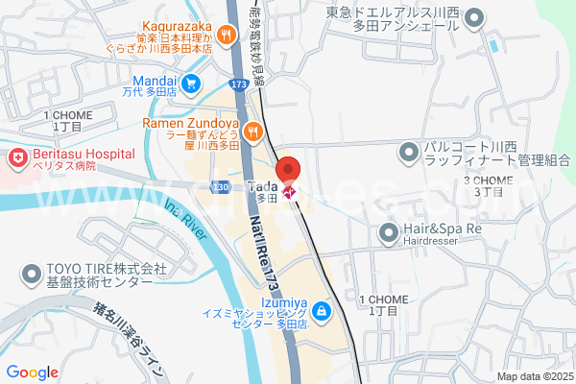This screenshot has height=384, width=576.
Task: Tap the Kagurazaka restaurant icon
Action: pyautogui.click(x=227, y=36)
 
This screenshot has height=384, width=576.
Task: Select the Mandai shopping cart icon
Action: pyautogui.click(x=192, y=84)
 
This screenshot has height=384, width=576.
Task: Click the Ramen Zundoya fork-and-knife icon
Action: pyautogui.click(x=253, y=131)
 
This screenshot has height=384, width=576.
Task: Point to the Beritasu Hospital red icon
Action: pyautogui.click(x=17, y=156)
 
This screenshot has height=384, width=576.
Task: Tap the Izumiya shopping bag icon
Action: pyautogui.click(x=321, y=311)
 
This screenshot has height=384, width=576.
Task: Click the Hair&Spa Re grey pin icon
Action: pyautogui.click(x=389, y=231)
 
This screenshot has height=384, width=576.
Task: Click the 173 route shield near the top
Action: pyautogui.click(x=238, y=86)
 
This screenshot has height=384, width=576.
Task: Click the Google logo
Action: pyautogui.click(x=32, y=372)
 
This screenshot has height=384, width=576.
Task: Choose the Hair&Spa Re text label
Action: pyautogui.click(x=442, y=230)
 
